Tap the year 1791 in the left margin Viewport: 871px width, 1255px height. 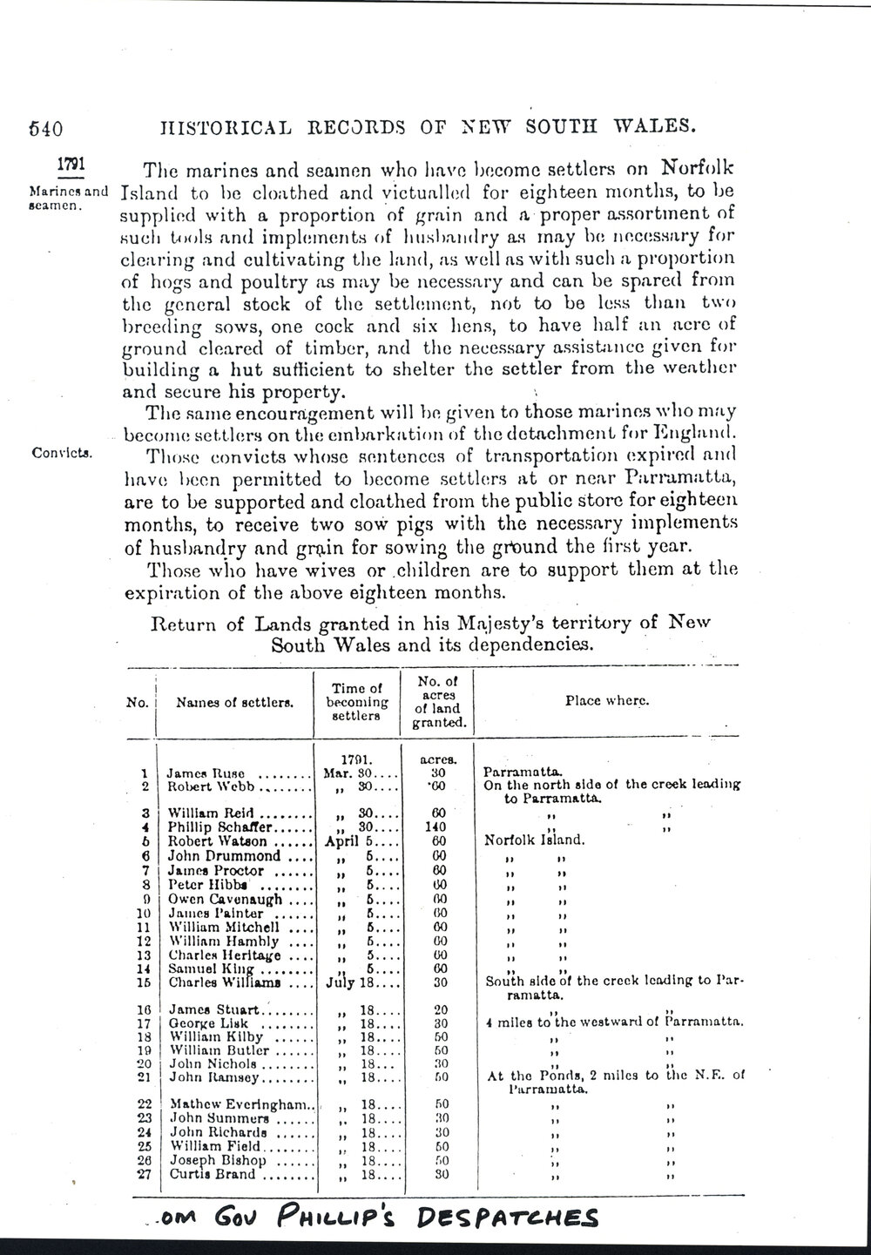[71, 164]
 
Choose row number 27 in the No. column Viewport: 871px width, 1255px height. [140, 1174]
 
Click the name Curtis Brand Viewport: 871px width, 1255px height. [213, 1174]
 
